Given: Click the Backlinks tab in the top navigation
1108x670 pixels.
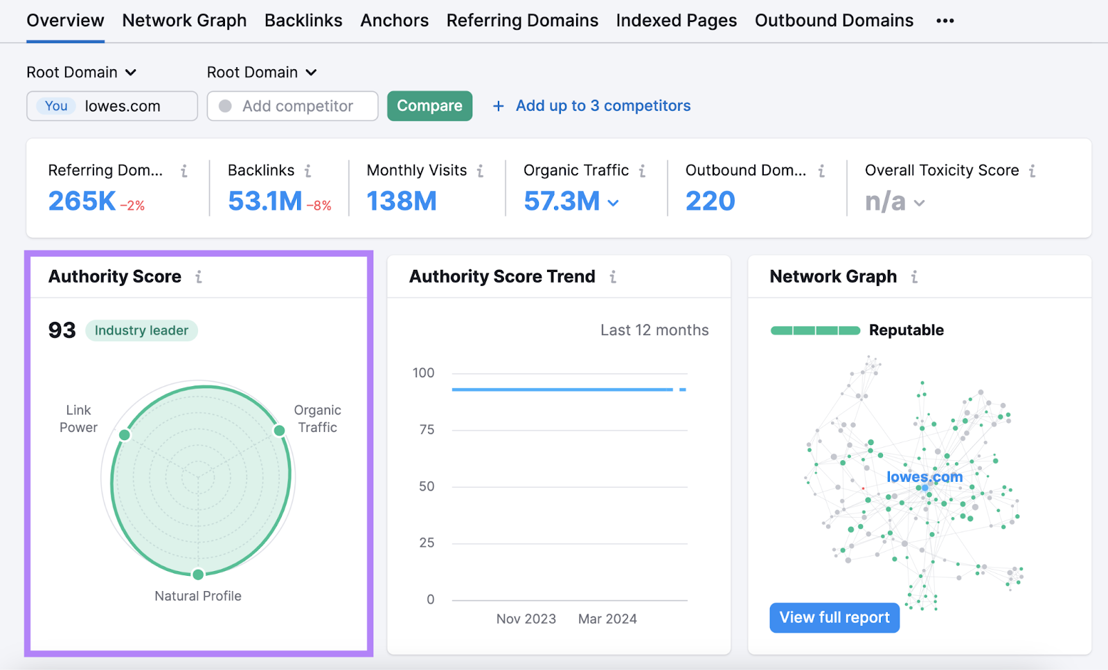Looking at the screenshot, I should pos(303,21).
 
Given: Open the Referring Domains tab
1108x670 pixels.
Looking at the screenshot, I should pos(522,21).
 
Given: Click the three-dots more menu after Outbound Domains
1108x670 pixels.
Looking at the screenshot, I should pos(945,21).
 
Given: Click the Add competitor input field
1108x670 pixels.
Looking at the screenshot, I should pos(297,106).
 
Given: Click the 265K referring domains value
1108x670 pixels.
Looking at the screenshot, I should pos(82,201).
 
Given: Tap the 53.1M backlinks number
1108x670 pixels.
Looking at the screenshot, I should pos(265,201).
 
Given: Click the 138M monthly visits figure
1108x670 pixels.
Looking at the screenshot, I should pos(402,201).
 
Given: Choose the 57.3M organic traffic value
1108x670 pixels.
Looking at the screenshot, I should pos(562,201).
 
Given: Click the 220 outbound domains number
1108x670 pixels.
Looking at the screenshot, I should pos(710,201).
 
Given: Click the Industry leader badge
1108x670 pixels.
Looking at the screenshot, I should pos(141,331).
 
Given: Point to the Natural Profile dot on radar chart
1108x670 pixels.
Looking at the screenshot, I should pos(198,574).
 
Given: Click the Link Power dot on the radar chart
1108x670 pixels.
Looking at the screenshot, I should pos(125,435).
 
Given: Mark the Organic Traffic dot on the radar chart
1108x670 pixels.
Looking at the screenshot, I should pos(279,431).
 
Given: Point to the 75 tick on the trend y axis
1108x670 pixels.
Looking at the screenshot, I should pos(427,430).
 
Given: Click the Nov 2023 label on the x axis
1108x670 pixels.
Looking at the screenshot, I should pos(526,619).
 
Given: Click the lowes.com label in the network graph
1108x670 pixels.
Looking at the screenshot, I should pos(924,477).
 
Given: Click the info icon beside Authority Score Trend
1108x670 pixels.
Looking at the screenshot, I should pos(613,277).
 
